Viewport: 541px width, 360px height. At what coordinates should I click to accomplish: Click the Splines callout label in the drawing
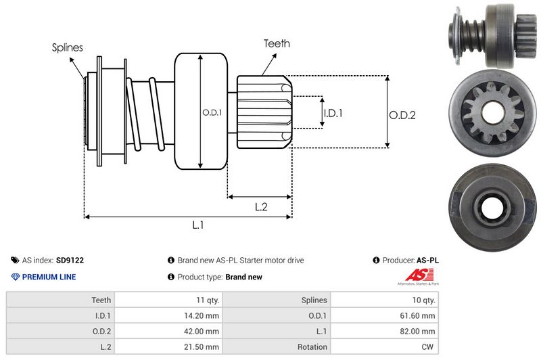point(67,47)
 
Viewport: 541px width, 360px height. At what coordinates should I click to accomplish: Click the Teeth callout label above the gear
point(277,43)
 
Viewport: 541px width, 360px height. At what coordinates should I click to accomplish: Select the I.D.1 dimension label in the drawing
point(333,113)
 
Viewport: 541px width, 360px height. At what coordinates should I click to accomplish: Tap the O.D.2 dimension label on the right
point(402,115)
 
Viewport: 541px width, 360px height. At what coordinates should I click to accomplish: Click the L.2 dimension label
point(262,207)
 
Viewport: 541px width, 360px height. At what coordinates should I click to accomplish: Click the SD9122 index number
point(70,260)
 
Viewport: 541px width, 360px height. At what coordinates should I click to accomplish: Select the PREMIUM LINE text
point(49,277)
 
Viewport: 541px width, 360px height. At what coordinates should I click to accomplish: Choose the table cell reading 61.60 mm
point(419,315)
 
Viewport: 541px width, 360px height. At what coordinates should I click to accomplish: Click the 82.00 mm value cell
point(419,332)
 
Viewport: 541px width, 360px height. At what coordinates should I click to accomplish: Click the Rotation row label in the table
point(312,347)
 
